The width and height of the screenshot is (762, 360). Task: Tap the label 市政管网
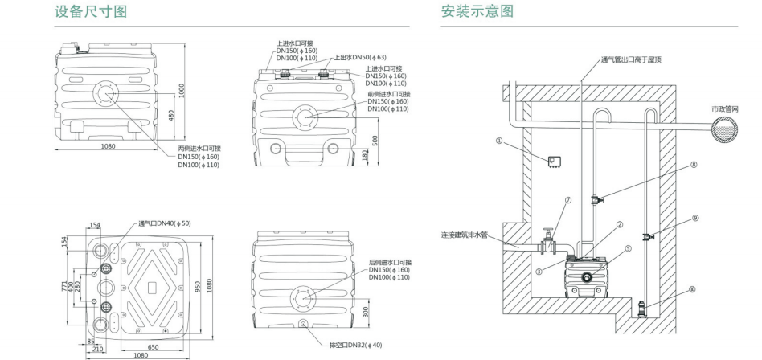click(726, 108)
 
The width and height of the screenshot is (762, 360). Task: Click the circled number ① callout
click(499, 140)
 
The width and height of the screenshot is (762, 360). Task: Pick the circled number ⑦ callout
click(568, 201)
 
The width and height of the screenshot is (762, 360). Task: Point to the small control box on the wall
click(553, 161)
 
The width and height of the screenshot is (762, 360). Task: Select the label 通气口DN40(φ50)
click(165, 223)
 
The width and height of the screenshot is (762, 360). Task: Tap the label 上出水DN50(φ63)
click(354, 57)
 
